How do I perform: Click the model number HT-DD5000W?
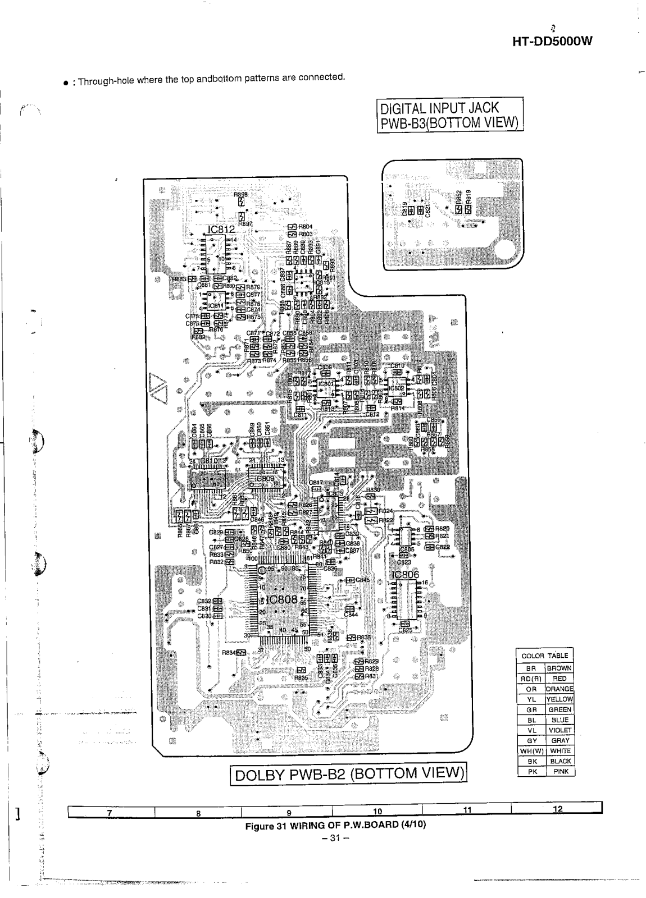[553, 42]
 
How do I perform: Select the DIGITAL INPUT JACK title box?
[449, 114]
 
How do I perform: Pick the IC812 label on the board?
[221, 230]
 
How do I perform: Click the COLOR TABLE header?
[544, 656]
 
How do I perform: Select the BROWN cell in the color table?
[559, 668]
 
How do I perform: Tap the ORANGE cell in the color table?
[559, 689]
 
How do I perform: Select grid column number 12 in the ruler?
[557, 809]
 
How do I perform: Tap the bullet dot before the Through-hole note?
[66, 83]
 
